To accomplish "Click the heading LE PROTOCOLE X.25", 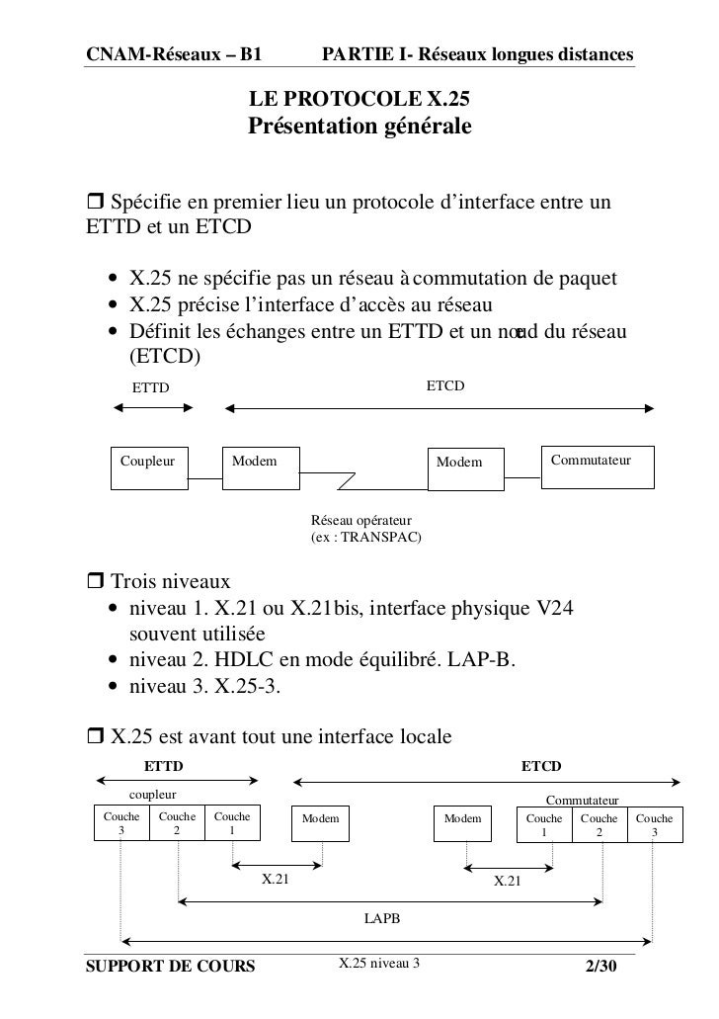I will pyautogui.click(x=359, y=100).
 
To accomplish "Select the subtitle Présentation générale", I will pyautogui.click(x=359, y=127).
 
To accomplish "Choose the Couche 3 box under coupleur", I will pyautogui.click(x=121, y=826).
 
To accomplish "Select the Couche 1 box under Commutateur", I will pyautogui.click(x=543, y=826).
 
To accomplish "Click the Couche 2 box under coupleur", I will pyautogui.click(x=177, y=826).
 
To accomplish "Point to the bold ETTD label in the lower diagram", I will pyautogui.click(x=164, y=766).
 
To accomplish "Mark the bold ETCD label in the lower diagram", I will pyautogui.click(x=541, y=766).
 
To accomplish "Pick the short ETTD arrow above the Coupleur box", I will pyautogui.click(x=146, y=406).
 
